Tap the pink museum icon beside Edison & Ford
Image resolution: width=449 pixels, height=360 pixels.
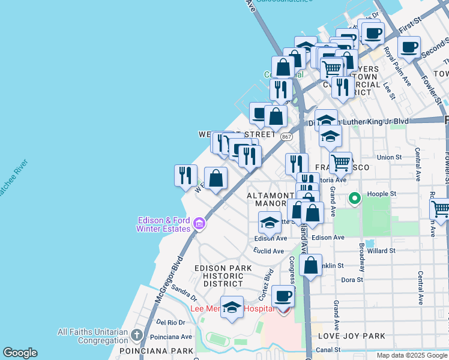(x=200, y=225)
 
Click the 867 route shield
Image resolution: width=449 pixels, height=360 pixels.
(x=286, y=137)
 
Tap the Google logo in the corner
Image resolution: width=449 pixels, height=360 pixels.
(x=20, y=353)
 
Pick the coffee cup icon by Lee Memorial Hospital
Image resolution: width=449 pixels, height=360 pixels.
(x=283, y=296)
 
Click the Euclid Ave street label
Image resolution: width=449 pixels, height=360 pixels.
(x=268, y=251)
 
